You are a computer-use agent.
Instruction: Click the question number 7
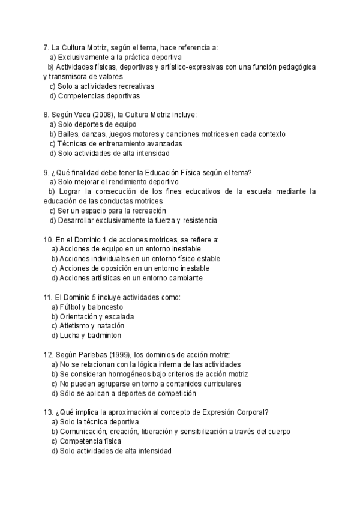[46, 47]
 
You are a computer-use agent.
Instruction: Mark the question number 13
[48, 412]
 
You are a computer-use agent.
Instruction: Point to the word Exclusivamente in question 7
[83, 57]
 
